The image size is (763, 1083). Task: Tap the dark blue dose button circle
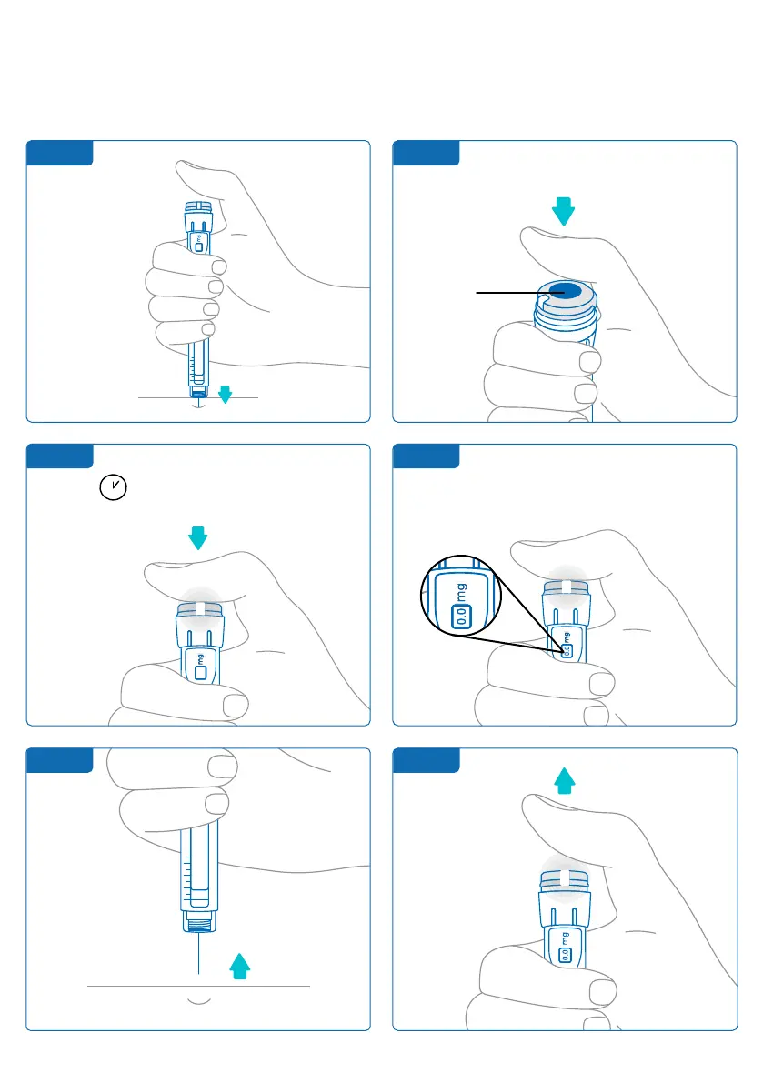coord(564,291)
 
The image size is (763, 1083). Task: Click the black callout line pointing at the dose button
coord(509,292)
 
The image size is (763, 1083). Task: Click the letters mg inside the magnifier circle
coord(460,590)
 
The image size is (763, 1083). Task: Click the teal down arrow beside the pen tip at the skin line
coord(226,394)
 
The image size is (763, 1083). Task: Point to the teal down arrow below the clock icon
coord(197,539)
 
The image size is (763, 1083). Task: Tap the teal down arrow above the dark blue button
coord(564,211)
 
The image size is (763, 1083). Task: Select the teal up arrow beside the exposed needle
coord(238,965)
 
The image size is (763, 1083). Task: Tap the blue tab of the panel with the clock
coord(59,456)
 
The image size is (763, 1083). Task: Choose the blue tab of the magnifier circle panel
coord(425,456)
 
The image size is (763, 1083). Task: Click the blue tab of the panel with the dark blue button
coord(425,153)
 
